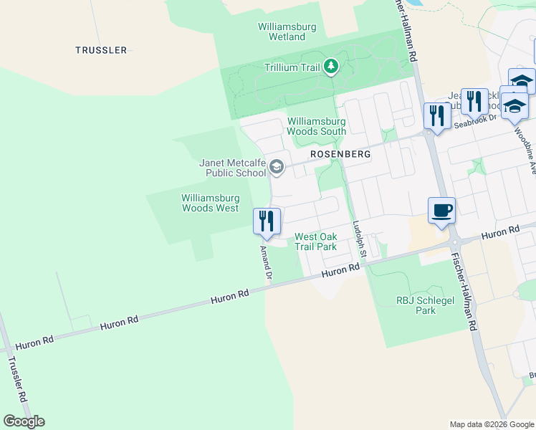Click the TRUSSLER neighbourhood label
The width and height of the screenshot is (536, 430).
(101, 50)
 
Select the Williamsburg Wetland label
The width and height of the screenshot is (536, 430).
(287, 32)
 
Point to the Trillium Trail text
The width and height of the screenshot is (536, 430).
(292, 67)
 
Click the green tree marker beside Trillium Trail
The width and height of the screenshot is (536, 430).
(330, 67)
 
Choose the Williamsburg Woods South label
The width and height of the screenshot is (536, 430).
(316, 126)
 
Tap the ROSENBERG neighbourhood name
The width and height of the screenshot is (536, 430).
(340, 154)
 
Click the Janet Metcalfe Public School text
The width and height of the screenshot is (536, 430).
(232, 168)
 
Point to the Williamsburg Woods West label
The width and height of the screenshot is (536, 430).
(210, 203)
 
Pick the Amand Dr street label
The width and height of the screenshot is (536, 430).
(266, 262)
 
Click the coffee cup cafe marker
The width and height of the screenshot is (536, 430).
(441, 211)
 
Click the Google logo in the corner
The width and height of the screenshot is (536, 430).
(24, 421)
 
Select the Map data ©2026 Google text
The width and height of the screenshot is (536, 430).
(492, 424)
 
